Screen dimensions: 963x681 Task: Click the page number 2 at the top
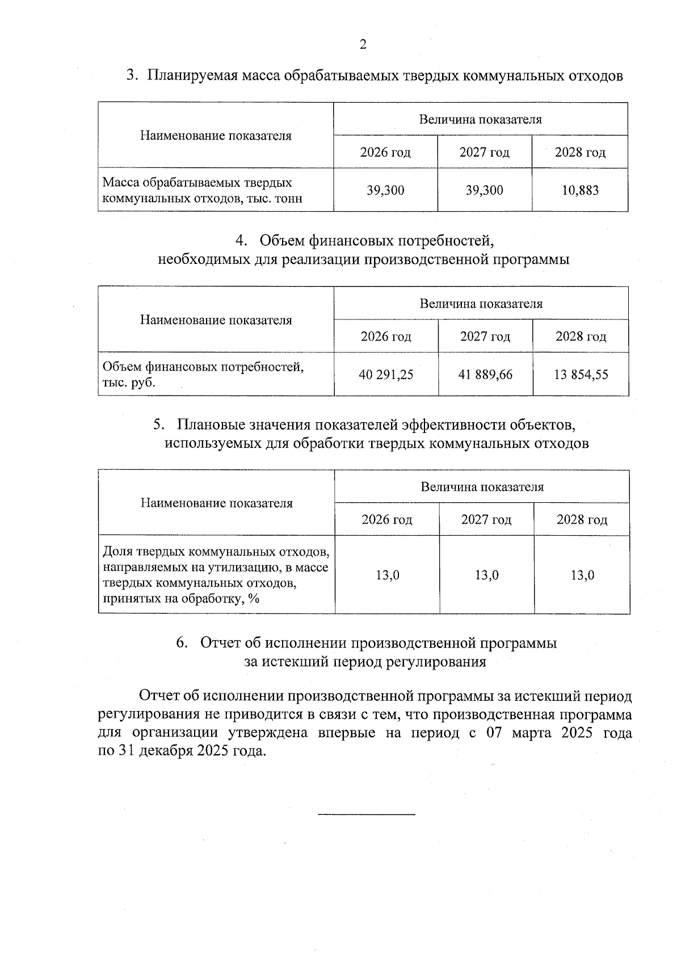363,45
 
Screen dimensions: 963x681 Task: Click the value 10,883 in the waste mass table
580,191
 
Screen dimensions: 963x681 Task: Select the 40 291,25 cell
386,375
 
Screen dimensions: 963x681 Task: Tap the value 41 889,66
486,375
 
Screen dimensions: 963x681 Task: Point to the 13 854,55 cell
581,375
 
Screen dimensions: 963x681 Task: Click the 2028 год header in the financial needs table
581,337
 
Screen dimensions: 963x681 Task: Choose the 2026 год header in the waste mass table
385,153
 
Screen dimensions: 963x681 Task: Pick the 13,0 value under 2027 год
487,575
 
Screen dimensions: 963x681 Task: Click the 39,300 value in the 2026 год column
385,191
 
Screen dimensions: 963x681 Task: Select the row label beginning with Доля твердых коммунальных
216,575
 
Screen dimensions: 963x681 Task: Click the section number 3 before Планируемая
131,76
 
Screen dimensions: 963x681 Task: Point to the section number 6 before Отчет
181,643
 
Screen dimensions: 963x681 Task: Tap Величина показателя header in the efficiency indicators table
482,487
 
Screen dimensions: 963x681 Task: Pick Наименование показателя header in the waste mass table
216,136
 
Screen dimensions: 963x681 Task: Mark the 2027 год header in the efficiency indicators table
486,520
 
